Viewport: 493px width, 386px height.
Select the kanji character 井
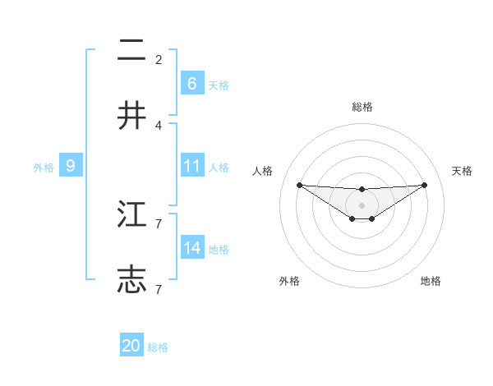click(x=131, y=117)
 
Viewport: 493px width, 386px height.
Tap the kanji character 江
click(x=131, y=215)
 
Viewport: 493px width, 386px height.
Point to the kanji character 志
click(x=131, y=279)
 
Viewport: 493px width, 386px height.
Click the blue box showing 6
click(x=191, y=83)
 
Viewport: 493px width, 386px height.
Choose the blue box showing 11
click(x=191, y=165)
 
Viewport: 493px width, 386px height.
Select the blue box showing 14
click(x=191, y=247)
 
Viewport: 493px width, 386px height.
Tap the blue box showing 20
click(x=131, y=346)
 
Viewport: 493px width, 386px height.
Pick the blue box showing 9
click(x=71, y=165)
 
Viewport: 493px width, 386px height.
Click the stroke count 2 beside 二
click(x=159, y=59)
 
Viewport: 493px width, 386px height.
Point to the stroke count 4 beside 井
click(x=159, y=125)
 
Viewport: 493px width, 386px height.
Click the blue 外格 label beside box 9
click(x=44, y=167)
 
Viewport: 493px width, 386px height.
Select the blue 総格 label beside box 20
click(x=158, y=347)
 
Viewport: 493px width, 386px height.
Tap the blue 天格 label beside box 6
click(x=219, y=85)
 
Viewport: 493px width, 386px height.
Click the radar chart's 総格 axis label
click(x=362, y=107)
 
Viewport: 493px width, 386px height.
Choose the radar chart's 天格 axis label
click(x=463, y=171)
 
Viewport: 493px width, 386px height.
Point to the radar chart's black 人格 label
click(x=262, y=171)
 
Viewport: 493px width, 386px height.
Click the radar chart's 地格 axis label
click(x=431, y=281)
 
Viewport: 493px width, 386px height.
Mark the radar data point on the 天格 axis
click(x=424, y=185)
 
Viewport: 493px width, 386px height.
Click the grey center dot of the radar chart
click(x=362, y=204)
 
